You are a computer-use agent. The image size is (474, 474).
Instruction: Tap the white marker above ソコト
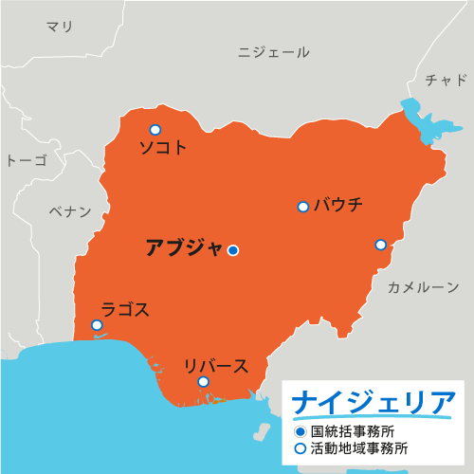click(x=155, y=130)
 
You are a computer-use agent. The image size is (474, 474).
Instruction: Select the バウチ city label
click(x=337, y=204)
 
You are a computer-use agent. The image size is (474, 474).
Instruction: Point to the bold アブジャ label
click(x=184, y=248)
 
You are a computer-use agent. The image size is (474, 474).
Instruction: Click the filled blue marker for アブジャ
click(x=233, y=250)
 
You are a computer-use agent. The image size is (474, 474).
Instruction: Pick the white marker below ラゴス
click(x=97, y=325)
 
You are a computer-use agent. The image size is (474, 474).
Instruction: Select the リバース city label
click(x=216, y=366)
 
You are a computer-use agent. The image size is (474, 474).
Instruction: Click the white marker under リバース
click(x=203, y=382)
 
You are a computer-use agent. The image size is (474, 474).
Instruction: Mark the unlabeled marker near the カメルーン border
click(x=380, y=245)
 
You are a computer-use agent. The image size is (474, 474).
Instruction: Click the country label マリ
click(x=60, y=27)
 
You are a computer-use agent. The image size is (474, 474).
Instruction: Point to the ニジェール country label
click(x=274, y=52)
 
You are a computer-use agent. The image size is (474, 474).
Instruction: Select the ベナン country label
click(x=70, y=211)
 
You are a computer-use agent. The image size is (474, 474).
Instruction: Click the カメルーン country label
click(x=423, y=286)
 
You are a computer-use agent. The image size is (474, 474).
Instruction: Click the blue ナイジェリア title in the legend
click(x=373, y=402)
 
